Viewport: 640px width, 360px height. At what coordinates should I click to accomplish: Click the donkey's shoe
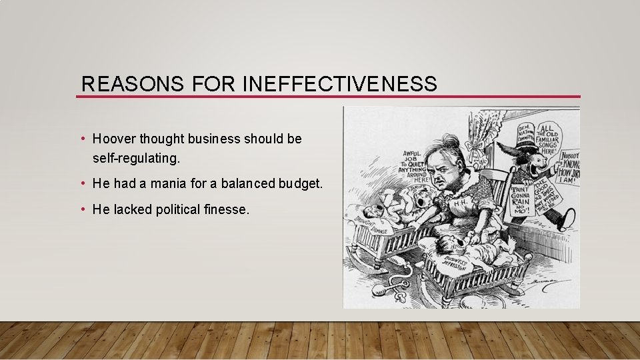569,219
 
